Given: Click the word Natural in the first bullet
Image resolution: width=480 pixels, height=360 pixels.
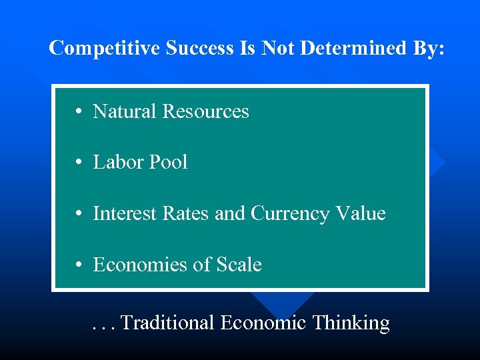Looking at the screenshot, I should [x=125, y=111].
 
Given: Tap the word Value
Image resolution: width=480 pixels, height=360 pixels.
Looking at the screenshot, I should [x=360, y=213].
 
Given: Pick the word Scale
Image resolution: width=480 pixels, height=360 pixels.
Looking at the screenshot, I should [x=239, y=265].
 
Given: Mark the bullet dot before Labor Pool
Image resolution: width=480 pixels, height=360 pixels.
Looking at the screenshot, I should [x=79, y=163].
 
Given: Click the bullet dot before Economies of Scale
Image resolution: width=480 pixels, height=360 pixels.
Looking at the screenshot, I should [x=79, y=265].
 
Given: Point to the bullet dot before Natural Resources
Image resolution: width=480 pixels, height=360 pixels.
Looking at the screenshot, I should [x=79, y=112].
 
